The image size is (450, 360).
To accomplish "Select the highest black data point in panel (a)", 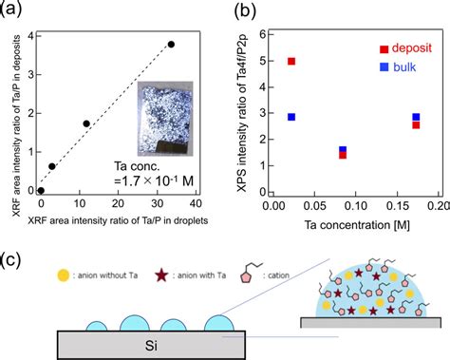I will click(171, 44).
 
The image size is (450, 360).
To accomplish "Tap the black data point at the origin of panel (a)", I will click(41, 190).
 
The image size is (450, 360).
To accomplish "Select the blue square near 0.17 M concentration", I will click(416, 117).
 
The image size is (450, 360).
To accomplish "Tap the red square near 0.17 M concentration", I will click(416, 124).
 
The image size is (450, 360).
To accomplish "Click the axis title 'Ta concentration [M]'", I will click(353, 225).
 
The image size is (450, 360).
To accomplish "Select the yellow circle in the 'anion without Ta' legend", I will click(64, 276).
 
